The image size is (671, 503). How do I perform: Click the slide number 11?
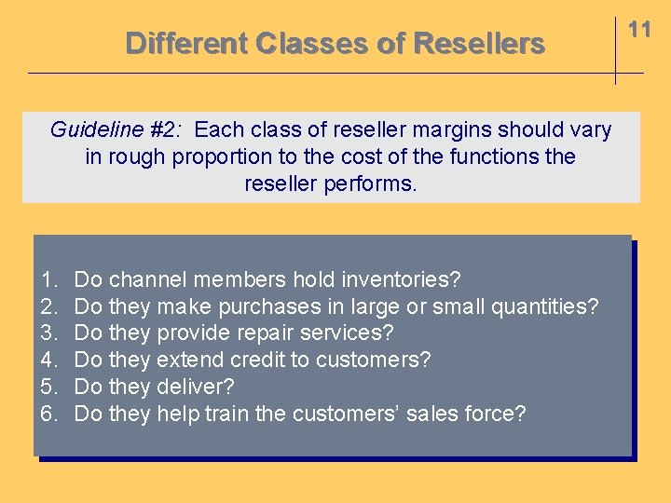click(639, 30)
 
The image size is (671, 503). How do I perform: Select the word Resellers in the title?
click(478, 43)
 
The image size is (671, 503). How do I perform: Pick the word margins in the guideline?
click(459, 129)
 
